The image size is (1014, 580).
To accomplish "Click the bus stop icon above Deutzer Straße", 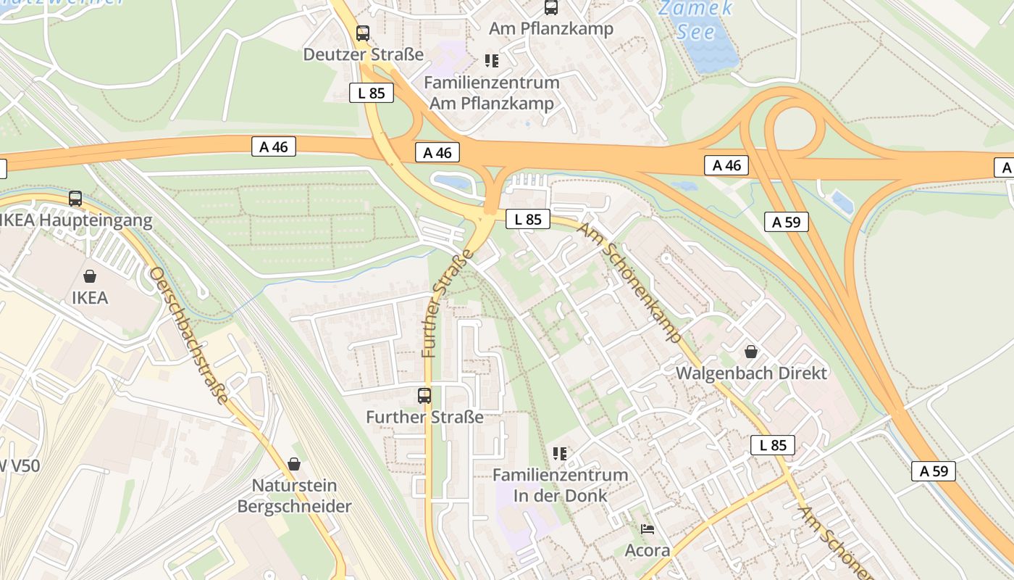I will pyautogui.click(x=363, y=33).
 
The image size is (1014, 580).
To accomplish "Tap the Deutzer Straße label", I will pyautogui.click(x=363, y=54).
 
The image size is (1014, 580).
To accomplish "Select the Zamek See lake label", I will pyautogui.click(x=695, y=20).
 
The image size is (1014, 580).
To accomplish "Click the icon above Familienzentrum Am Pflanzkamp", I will pyautogui.click(x=492, y=61).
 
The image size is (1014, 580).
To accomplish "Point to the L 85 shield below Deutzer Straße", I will pyautogui.click(x=372, y=93).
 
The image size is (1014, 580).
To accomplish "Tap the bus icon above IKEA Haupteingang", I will pyautogui.click(x=75, y=199).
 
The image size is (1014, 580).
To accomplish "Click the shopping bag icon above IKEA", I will pyautogui.click(x=90, y=276).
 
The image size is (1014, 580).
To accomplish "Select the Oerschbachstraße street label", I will pyautogui.click(x=190, y=335).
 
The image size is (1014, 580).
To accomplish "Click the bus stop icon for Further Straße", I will pyautogui.click(x=424, y=396).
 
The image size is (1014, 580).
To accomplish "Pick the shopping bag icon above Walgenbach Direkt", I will pyautogui.click(x=751, y=352).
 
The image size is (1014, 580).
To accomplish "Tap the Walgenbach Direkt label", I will pyautogui.click(x=751, y=373).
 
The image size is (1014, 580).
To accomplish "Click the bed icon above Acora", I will pyautogui.click(x=648, y=529).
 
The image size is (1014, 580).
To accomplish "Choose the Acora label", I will pyautogui.click(x=648, y=550).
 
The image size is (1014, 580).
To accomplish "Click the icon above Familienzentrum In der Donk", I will pyautogui.click(x=560, y=454).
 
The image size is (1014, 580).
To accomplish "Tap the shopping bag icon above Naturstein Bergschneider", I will pyautogui.click(x=294, y=463).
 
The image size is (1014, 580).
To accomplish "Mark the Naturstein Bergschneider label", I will pyautogui.click(x=294, y=496).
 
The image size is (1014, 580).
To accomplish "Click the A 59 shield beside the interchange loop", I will pyautogui.click(x=786, y=222).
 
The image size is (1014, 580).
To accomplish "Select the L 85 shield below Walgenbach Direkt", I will pyautogui.click(x=773, y=445).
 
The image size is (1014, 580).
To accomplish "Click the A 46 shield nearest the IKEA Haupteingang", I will pyautogui.click(x=274, y=146).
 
